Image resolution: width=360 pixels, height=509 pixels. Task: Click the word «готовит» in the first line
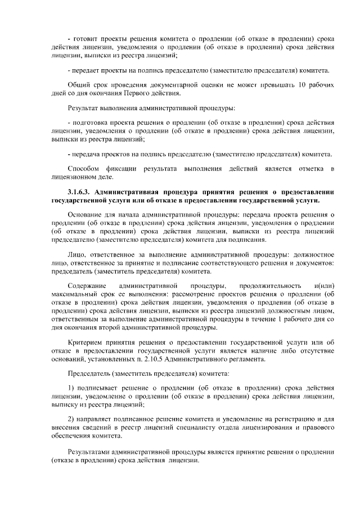point(84,38)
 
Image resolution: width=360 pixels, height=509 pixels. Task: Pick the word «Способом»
point(83,169)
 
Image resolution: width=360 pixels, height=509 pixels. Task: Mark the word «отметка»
point(308,169)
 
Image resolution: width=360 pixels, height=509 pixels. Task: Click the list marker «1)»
point(71,389)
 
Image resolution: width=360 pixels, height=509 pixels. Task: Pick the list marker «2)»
point(71,420)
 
